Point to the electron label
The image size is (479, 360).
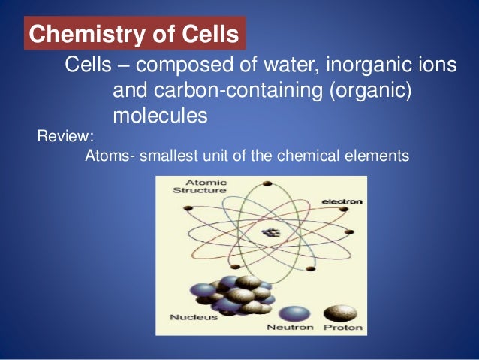pos(342,201)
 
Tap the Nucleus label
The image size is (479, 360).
pos(194,316)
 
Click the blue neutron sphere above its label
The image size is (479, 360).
pos(292,312)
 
